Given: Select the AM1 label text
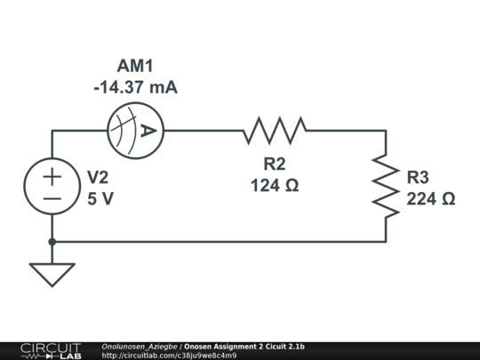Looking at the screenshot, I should coord(135,66).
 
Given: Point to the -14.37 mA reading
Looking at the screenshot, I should coord(135,87).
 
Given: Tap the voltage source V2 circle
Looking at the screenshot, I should coord(52,187).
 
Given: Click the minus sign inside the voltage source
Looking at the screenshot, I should coord(52,199).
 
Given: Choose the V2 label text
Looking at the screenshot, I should coord(98,177).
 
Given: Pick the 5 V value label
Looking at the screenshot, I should coord(100,199).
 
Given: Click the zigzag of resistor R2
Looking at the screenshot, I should coord(275,131).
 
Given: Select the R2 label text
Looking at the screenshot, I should coord(275,164).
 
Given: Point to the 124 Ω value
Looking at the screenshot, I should coord(275,186).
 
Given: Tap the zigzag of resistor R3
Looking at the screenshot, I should coord(386,186).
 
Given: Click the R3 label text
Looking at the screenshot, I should coord(419,177).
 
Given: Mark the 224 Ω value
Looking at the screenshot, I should coord(431,199).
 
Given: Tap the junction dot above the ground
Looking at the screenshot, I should coord(52,241).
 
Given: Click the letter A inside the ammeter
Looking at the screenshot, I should coord(148,131).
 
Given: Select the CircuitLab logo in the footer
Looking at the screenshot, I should coord(50,350).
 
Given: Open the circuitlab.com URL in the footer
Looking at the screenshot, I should coord(169,356).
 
